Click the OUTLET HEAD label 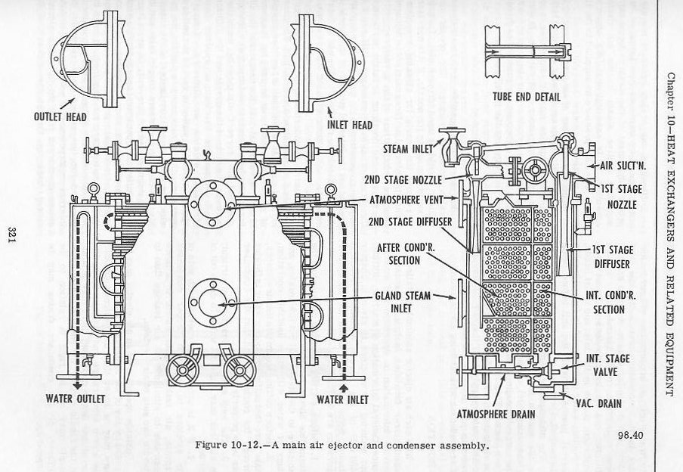[61, 118]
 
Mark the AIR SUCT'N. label [615, 164]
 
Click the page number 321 [13, 235]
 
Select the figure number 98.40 [629, 433]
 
